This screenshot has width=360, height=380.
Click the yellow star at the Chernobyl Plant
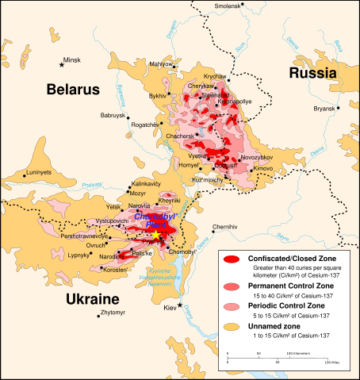158,236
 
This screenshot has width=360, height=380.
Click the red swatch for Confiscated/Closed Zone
231,259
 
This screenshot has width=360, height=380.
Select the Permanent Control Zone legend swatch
231,286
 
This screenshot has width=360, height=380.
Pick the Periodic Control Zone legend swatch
231,306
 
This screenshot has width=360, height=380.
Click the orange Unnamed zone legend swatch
231,326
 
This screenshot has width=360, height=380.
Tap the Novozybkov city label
255,159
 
